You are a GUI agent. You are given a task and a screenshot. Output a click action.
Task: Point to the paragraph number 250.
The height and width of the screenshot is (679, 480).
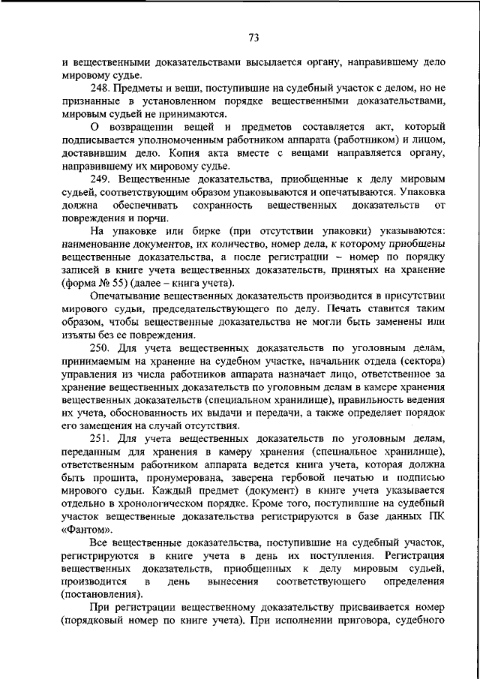coord(100,347)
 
